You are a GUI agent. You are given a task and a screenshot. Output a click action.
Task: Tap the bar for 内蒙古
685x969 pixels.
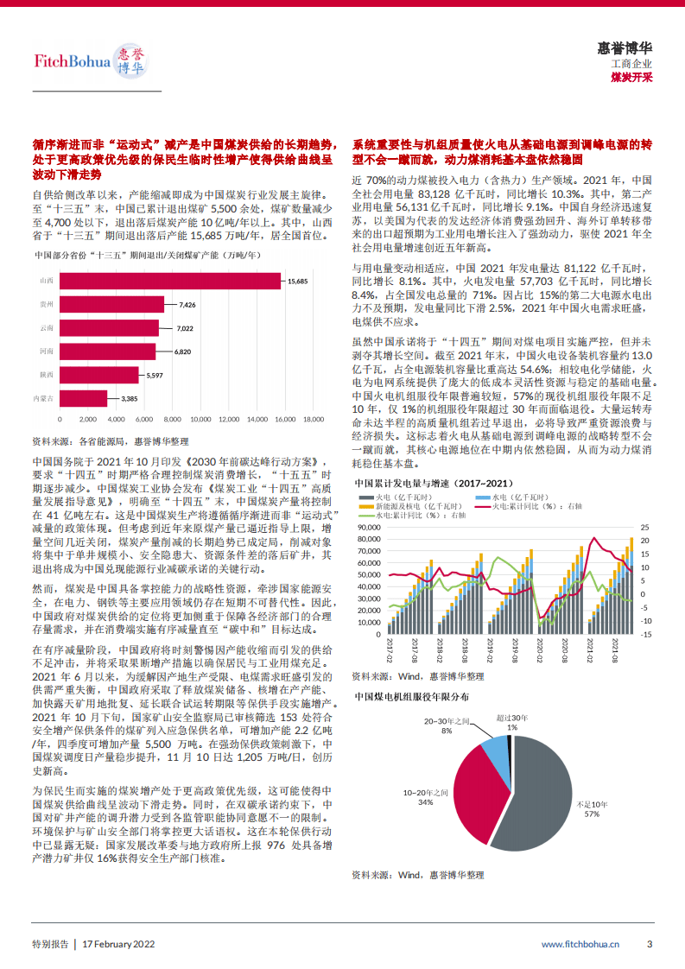[83, 398]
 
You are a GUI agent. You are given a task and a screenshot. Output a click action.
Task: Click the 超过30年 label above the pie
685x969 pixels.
[512, 718]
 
